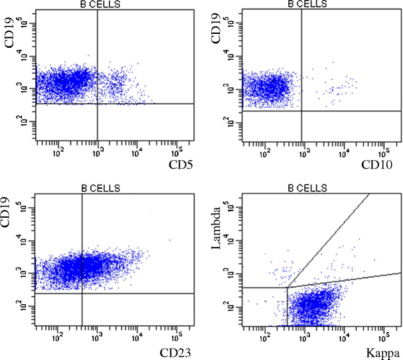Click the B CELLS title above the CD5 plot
coord(98,4)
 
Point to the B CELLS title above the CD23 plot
coord(98,189)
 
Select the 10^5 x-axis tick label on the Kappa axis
coord(382,336)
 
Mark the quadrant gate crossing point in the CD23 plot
coord(82,294)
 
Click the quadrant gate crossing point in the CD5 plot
coord(98,104)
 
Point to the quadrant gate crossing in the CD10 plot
coord(301,111)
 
